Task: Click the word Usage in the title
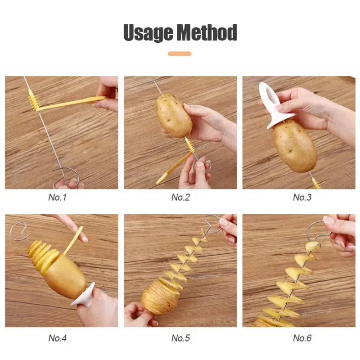(147, 33)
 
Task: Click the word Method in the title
(207, 33)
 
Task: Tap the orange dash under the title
(180, 54)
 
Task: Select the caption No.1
(57, 197)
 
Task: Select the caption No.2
(180, 197)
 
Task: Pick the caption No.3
(302, 197)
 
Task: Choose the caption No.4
(57, 337)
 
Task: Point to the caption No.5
(180, 337)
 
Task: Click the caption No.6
(302, 337)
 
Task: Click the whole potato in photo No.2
(174, 115)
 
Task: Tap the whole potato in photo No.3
(295, 145)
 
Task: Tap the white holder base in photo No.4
(84, 296)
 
